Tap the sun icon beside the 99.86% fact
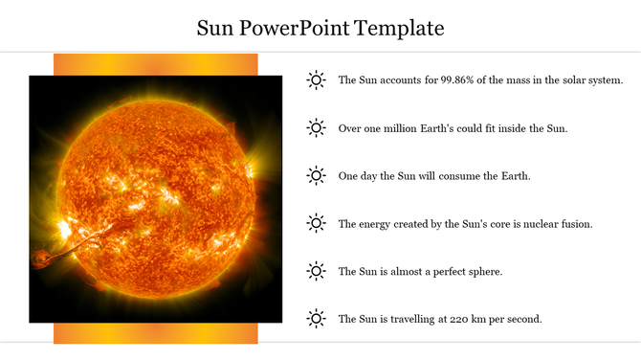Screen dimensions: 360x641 (x=316, y=80)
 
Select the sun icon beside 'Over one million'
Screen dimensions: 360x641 (x=316, y=127)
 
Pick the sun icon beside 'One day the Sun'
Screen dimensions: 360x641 (x=316, y=175)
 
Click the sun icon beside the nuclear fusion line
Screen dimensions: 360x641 (x=316, y=223)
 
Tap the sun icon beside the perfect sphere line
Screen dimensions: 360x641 (x=316, y=271)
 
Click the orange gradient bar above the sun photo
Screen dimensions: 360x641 (x=155, y=64)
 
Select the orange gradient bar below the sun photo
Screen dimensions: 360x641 (x=155, y=333)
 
